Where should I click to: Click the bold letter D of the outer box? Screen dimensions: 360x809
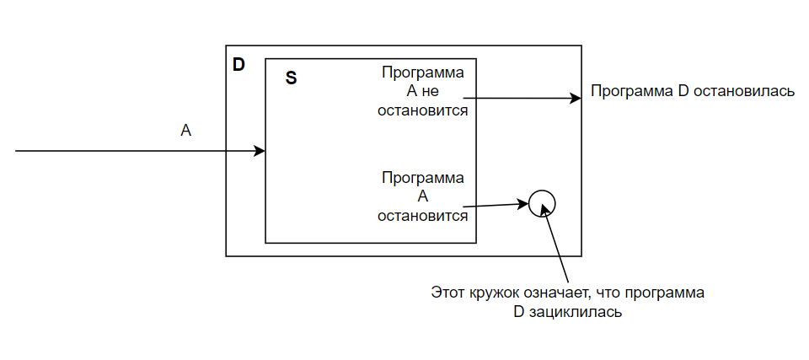pyautogui.click(x=238, y=64)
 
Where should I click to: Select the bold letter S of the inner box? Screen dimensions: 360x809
pyautogui.click(x=291, y=78)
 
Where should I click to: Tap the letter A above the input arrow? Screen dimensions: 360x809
pyautogui.click(x=186, y=130)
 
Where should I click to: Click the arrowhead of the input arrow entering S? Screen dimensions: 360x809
pyautogui.click(x=260, y=152)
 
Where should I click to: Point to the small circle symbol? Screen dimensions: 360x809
pyautogui.click(x=542, y=202)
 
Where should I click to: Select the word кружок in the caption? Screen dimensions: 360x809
pyautogui.click(x=490, y=294)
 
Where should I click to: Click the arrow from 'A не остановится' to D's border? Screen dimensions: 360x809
pyautogui.click(x=522, y=98)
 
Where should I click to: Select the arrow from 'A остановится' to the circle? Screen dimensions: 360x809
pyautogui.click(x=497, y=205)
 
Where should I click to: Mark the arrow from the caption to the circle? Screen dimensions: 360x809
pyautogui.click(x=558, y=249)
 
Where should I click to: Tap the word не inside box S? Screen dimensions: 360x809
pyautogui.click(x=431, y=91)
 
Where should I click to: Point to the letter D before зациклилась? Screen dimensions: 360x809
pyautogui.click(x=518, y=312)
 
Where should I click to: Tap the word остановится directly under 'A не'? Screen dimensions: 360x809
pyautogui.click(x=423, y=110)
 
